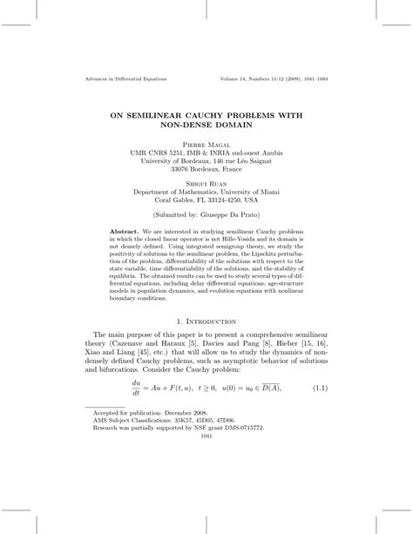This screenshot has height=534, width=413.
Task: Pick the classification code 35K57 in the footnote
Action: [186, 493]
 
